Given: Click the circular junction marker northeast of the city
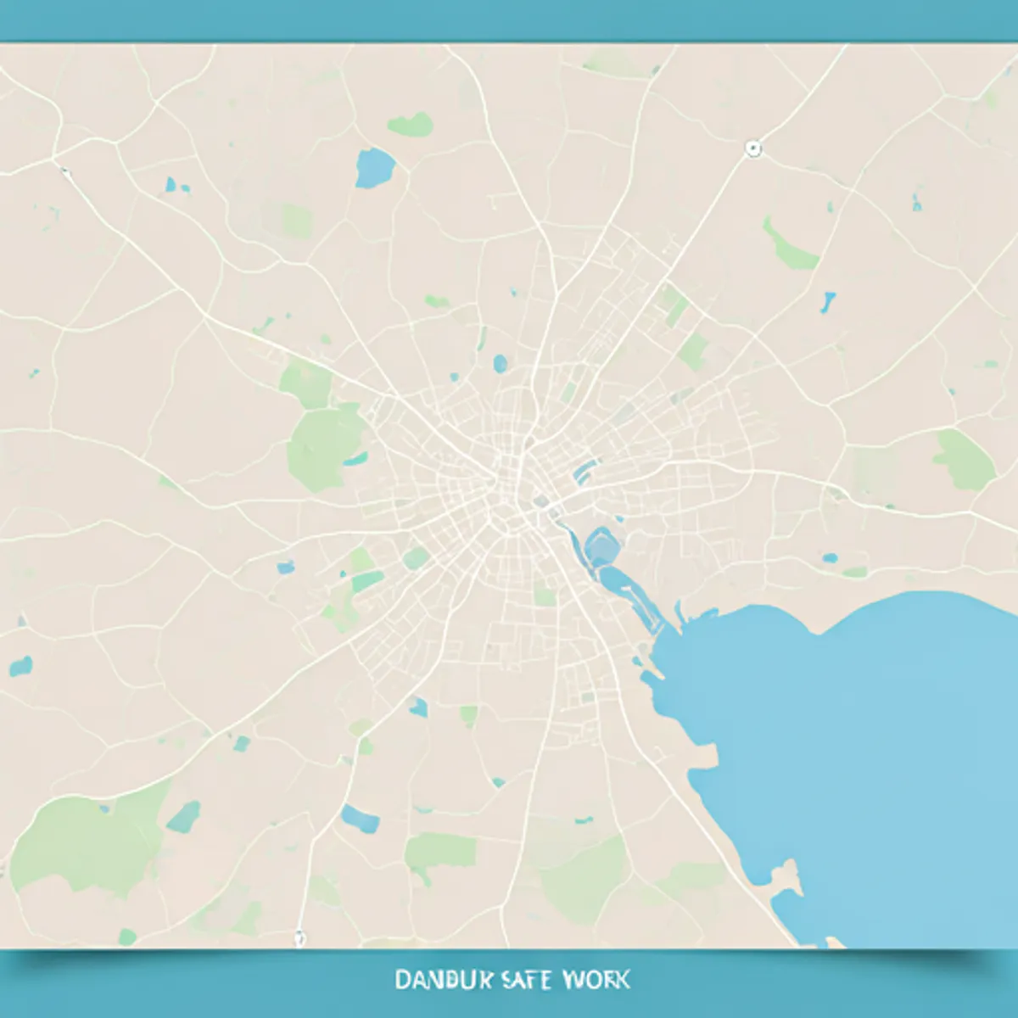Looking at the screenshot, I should click(752, 149).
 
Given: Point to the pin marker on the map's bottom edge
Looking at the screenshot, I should click(299, 938).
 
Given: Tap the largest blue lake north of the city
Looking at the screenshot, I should click(374, 167).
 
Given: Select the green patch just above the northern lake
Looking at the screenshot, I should click(411, 126).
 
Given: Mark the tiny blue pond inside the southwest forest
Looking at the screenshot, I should click(105, 808).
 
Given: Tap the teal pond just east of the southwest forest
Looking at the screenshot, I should click(183, 817).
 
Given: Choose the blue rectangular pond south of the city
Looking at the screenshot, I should click(361, 819).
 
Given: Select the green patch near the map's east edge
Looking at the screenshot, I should click(965, 460).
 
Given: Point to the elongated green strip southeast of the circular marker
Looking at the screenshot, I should click(789, 246).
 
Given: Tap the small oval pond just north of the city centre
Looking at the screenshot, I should click(500, 364).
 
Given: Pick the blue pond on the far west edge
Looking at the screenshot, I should click(21, 666).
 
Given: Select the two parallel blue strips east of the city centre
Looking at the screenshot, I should click(585, 472).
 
